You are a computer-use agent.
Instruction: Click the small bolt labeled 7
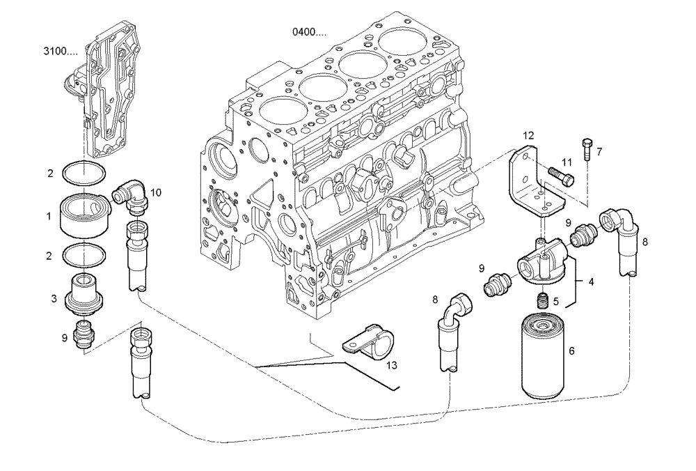click(x=587, y=147)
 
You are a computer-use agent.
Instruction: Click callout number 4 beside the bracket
click(x=591, y=282)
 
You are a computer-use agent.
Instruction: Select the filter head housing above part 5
click(x=539, y=265)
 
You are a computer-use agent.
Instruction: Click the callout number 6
click(x=572, y=351)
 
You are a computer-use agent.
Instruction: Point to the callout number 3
click(x=53, y=298)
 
